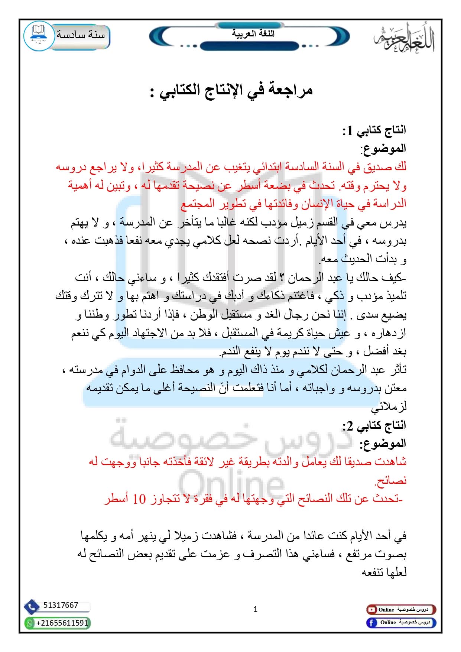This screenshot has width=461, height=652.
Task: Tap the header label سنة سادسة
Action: [81, 35]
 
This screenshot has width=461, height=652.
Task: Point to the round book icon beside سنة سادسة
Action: [39, 36]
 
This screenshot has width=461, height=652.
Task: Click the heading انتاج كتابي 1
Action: [374, 130]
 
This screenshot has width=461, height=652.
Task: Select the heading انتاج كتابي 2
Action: [374, 425]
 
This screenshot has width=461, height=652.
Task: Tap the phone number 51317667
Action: [61, 605]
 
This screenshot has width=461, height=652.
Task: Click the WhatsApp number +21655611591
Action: [62, 623]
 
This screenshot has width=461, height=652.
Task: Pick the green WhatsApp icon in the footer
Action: [29, 623]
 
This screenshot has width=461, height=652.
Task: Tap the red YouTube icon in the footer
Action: [371, 610]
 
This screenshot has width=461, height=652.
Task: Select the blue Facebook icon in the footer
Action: [371, 623]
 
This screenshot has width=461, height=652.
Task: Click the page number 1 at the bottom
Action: [255, 609]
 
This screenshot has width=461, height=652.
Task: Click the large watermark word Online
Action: [230, 483]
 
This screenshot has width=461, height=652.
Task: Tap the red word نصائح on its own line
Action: [391, 481]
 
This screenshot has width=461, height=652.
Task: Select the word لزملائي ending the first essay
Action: [389, 407]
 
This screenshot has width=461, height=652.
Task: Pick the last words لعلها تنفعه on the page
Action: [384, 572]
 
